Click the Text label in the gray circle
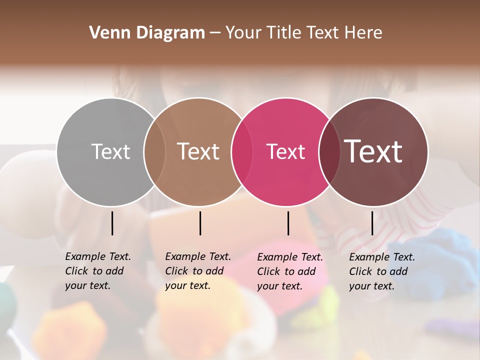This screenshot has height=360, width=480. [x=110, y=151]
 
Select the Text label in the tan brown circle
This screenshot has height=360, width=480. [x=198, y=151]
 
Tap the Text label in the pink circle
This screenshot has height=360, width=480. [x=285, y=151]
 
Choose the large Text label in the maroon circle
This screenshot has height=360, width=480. [x=373, y=151]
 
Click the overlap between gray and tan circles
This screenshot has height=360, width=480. [x=154, y=151]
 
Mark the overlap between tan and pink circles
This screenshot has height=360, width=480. [x=242, y=151]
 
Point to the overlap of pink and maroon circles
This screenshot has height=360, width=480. [x=329, y=151]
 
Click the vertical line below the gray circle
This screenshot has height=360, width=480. [x=112, y=223]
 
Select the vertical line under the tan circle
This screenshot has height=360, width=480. [x=200, y=223]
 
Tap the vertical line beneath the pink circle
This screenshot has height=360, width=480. [x=288, y=223]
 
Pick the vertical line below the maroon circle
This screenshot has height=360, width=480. [x=372, y=223]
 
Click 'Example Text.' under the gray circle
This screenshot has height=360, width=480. [x=98, y=256]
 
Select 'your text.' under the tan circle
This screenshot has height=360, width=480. [x=187, y=285]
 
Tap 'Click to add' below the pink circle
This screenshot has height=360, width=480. [x=286, y=271]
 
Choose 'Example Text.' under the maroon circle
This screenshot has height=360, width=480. [x=382, y=257]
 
